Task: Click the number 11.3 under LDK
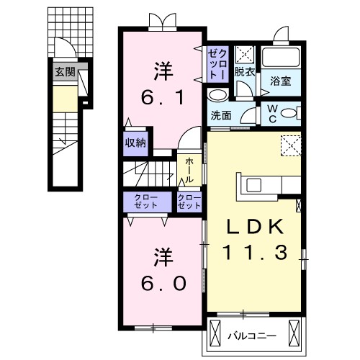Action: click(254, 252)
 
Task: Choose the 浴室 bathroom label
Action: click(280, 82)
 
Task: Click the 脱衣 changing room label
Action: click(245, 73)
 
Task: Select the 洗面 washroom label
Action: click(221, 114)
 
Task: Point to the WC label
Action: click(271, 111)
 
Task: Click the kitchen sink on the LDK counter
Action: click(254, 184)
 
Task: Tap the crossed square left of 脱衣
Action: click(245, 53)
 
